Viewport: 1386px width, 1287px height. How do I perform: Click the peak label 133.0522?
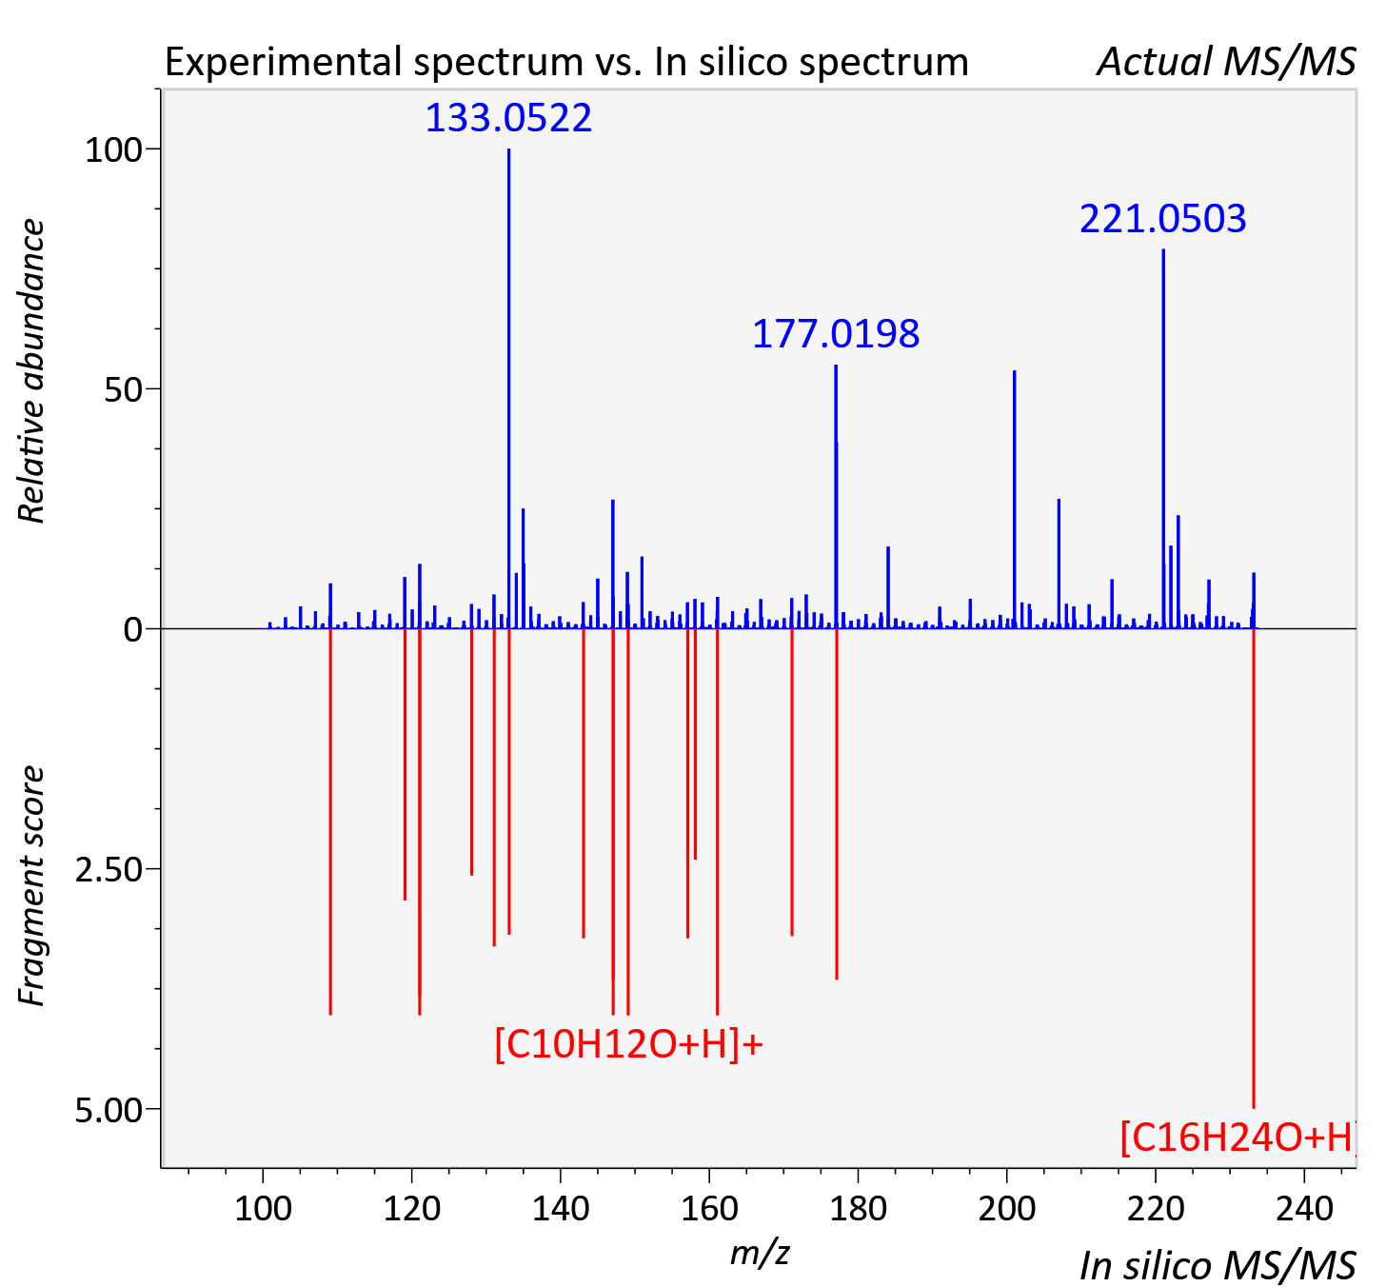(x=508, y=117)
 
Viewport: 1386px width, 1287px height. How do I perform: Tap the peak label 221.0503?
(x=1162, y=218)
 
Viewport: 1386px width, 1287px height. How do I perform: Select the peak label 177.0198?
(x=836, y=333)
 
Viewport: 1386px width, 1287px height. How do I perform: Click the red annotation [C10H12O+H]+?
(x=629, y=1045)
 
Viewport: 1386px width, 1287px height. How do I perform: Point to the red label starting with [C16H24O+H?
(x=1237, y=1138)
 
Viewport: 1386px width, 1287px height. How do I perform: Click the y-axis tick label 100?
(x=113, y=150)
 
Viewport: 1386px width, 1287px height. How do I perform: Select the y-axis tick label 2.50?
(x=109, y=870)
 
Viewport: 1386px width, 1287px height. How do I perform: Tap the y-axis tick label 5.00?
(x=109, y=1110)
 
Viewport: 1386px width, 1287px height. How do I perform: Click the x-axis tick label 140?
(x=561, y=1209)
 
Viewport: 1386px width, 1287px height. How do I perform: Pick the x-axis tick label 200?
(x=1006, y=1209)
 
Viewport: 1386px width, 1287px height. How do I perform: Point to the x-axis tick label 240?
(x=1304, y=1209)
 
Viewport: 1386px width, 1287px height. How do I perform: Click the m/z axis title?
(x=760, y=1253)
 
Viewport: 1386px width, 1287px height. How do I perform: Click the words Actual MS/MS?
(x=1226, y=62)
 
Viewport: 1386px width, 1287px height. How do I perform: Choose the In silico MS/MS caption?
(x=1218, y=1265)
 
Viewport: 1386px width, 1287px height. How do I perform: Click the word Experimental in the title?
(x=287, y=62)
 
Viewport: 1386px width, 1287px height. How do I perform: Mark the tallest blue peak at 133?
(x=508, y=388)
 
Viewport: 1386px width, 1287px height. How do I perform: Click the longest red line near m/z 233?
(x=1254, y=868)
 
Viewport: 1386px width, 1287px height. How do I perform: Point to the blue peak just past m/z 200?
(x=1014, y=500)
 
